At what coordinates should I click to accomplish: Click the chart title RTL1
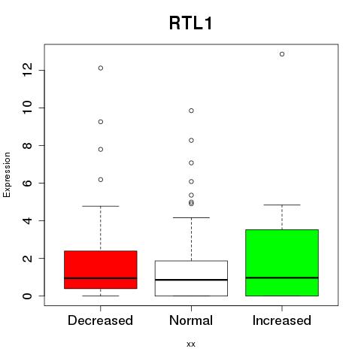coord(191,23)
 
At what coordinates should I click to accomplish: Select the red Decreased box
coord(101,270)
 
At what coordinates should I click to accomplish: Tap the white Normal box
coord(191,278)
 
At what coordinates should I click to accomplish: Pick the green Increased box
coord(282,262)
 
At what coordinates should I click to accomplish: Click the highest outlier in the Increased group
coord(282,54)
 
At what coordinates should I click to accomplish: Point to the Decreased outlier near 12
coord(101,68)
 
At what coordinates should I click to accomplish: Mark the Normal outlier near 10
coord(191,111)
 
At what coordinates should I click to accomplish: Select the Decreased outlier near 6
coord(101,180)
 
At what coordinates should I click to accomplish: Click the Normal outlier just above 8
coord(191,141)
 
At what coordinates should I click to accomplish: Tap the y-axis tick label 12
coord(27,70)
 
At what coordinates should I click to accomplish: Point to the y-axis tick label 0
coord(27,296)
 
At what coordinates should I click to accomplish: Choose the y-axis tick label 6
coord(27,183)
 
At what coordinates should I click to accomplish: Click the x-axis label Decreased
coord(100,320)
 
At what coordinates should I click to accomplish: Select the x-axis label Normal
coord(191,320)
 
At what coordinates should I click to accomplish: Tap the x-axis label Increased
coord(282,320)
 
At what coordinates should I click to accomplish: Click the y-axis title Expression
coord(7,174)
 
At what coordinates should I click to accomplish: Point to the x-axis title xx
coord(191,344)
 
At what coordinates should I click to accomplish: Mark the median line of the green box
coord(282,278)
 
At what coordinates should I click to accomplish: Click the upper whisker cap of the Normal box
coord(191,217)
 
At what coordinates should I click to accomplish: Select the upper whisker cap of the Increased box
coord(282,205)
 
